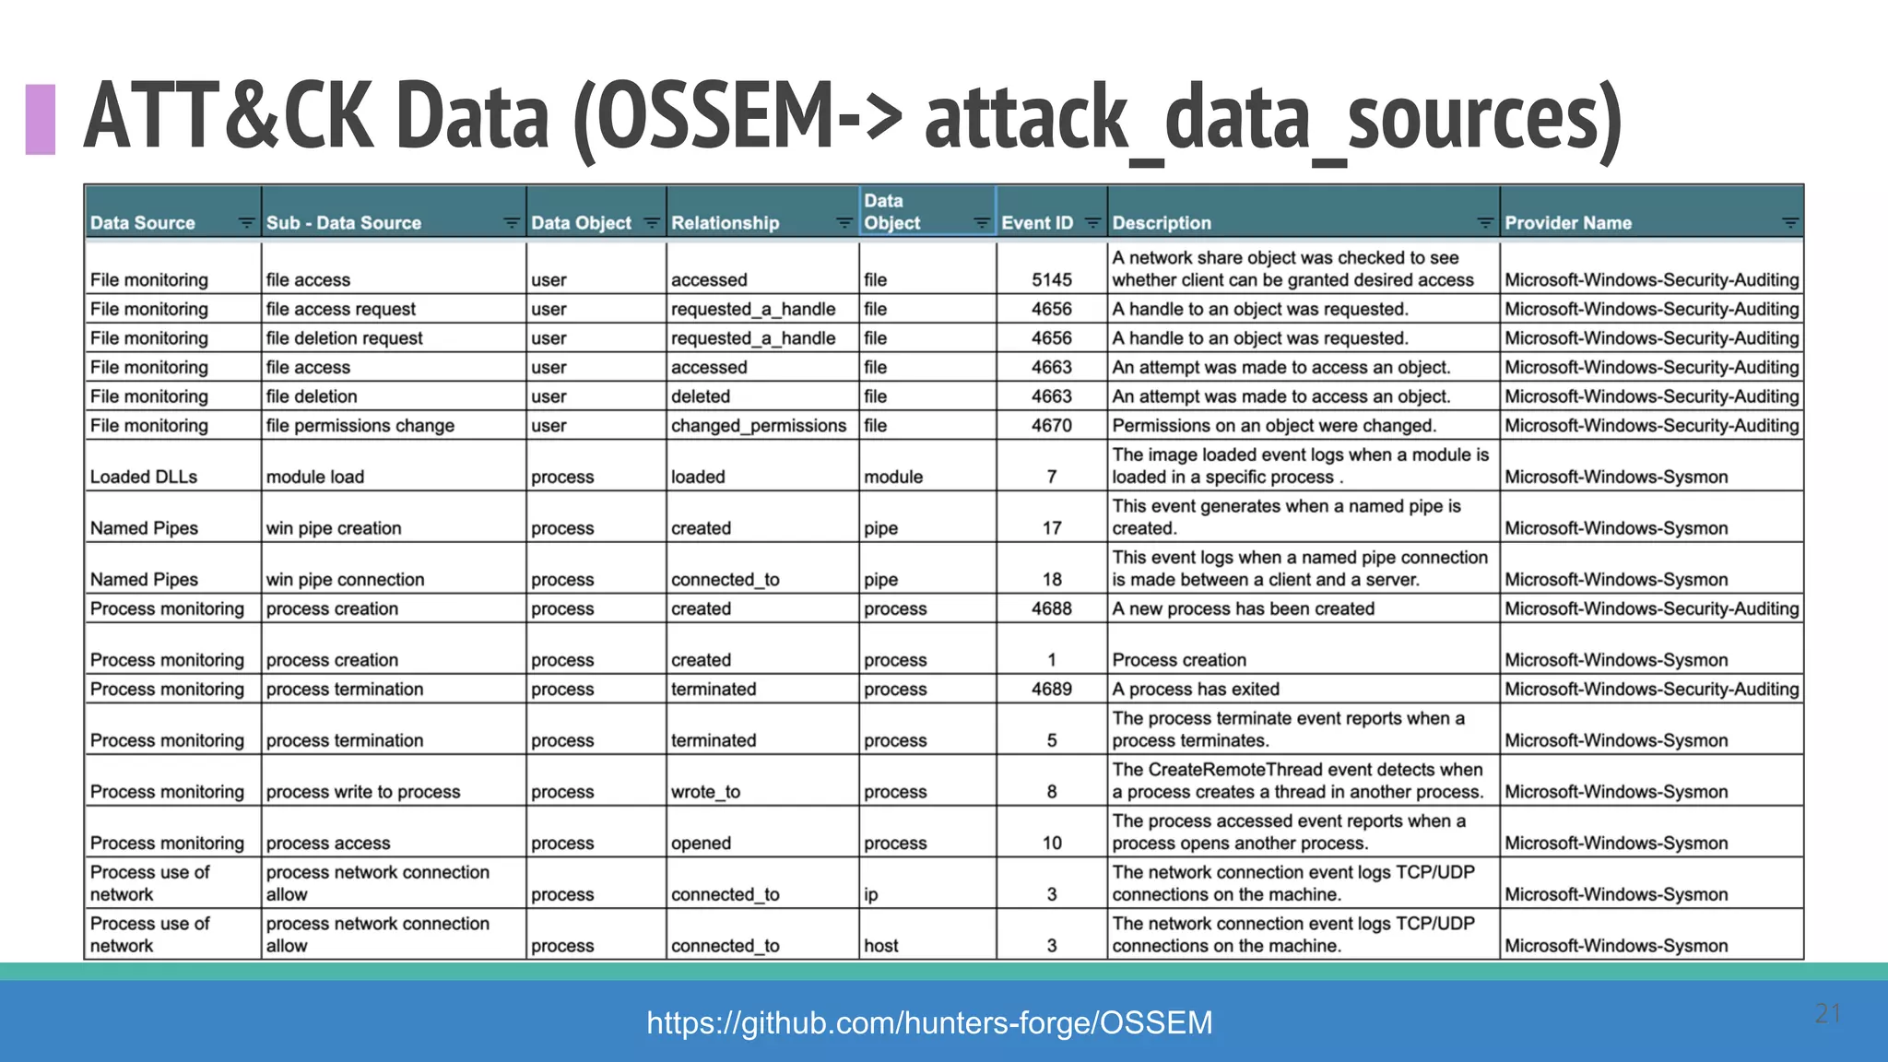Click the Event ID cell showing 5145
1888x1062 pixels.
tap(1051, 279)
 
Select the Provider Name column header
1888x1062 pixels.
tap(1567, 223)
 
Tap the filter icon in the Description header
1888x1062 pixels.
tap(1484, 223)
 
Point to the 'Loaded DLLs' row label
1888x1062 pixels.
tap(144, 477)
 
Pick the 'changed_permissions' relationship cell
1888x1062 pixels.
tap(758, 426)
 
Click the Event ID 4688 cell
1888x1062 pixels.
tap(1051, 608)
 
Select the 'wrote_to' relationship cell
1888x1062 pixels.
tap(705, 792)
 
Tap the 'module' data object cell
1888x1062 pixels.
tap(892, 477)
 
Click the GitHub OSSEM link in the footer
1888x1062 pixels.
tap(929, 1022)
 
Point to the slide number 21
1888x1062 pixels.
tap(1827, 1013)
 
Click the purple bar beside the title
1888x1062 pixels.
tap(41, 119)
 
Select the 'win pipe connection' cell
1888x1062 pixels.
tap(345, 580)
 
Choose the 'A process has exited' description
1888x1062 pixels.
tap(1195, 690)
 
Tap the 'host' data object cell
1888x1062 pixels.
tap(880, 946)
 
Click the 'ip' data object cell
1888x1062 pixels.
tap(870, 894)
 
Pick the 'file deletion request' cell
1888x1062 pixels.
tap(344, 338)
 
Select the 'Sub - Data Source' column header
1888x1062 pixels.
tap(343, 223)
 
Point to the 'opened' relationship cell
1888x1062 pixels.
tap(701, 844)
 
